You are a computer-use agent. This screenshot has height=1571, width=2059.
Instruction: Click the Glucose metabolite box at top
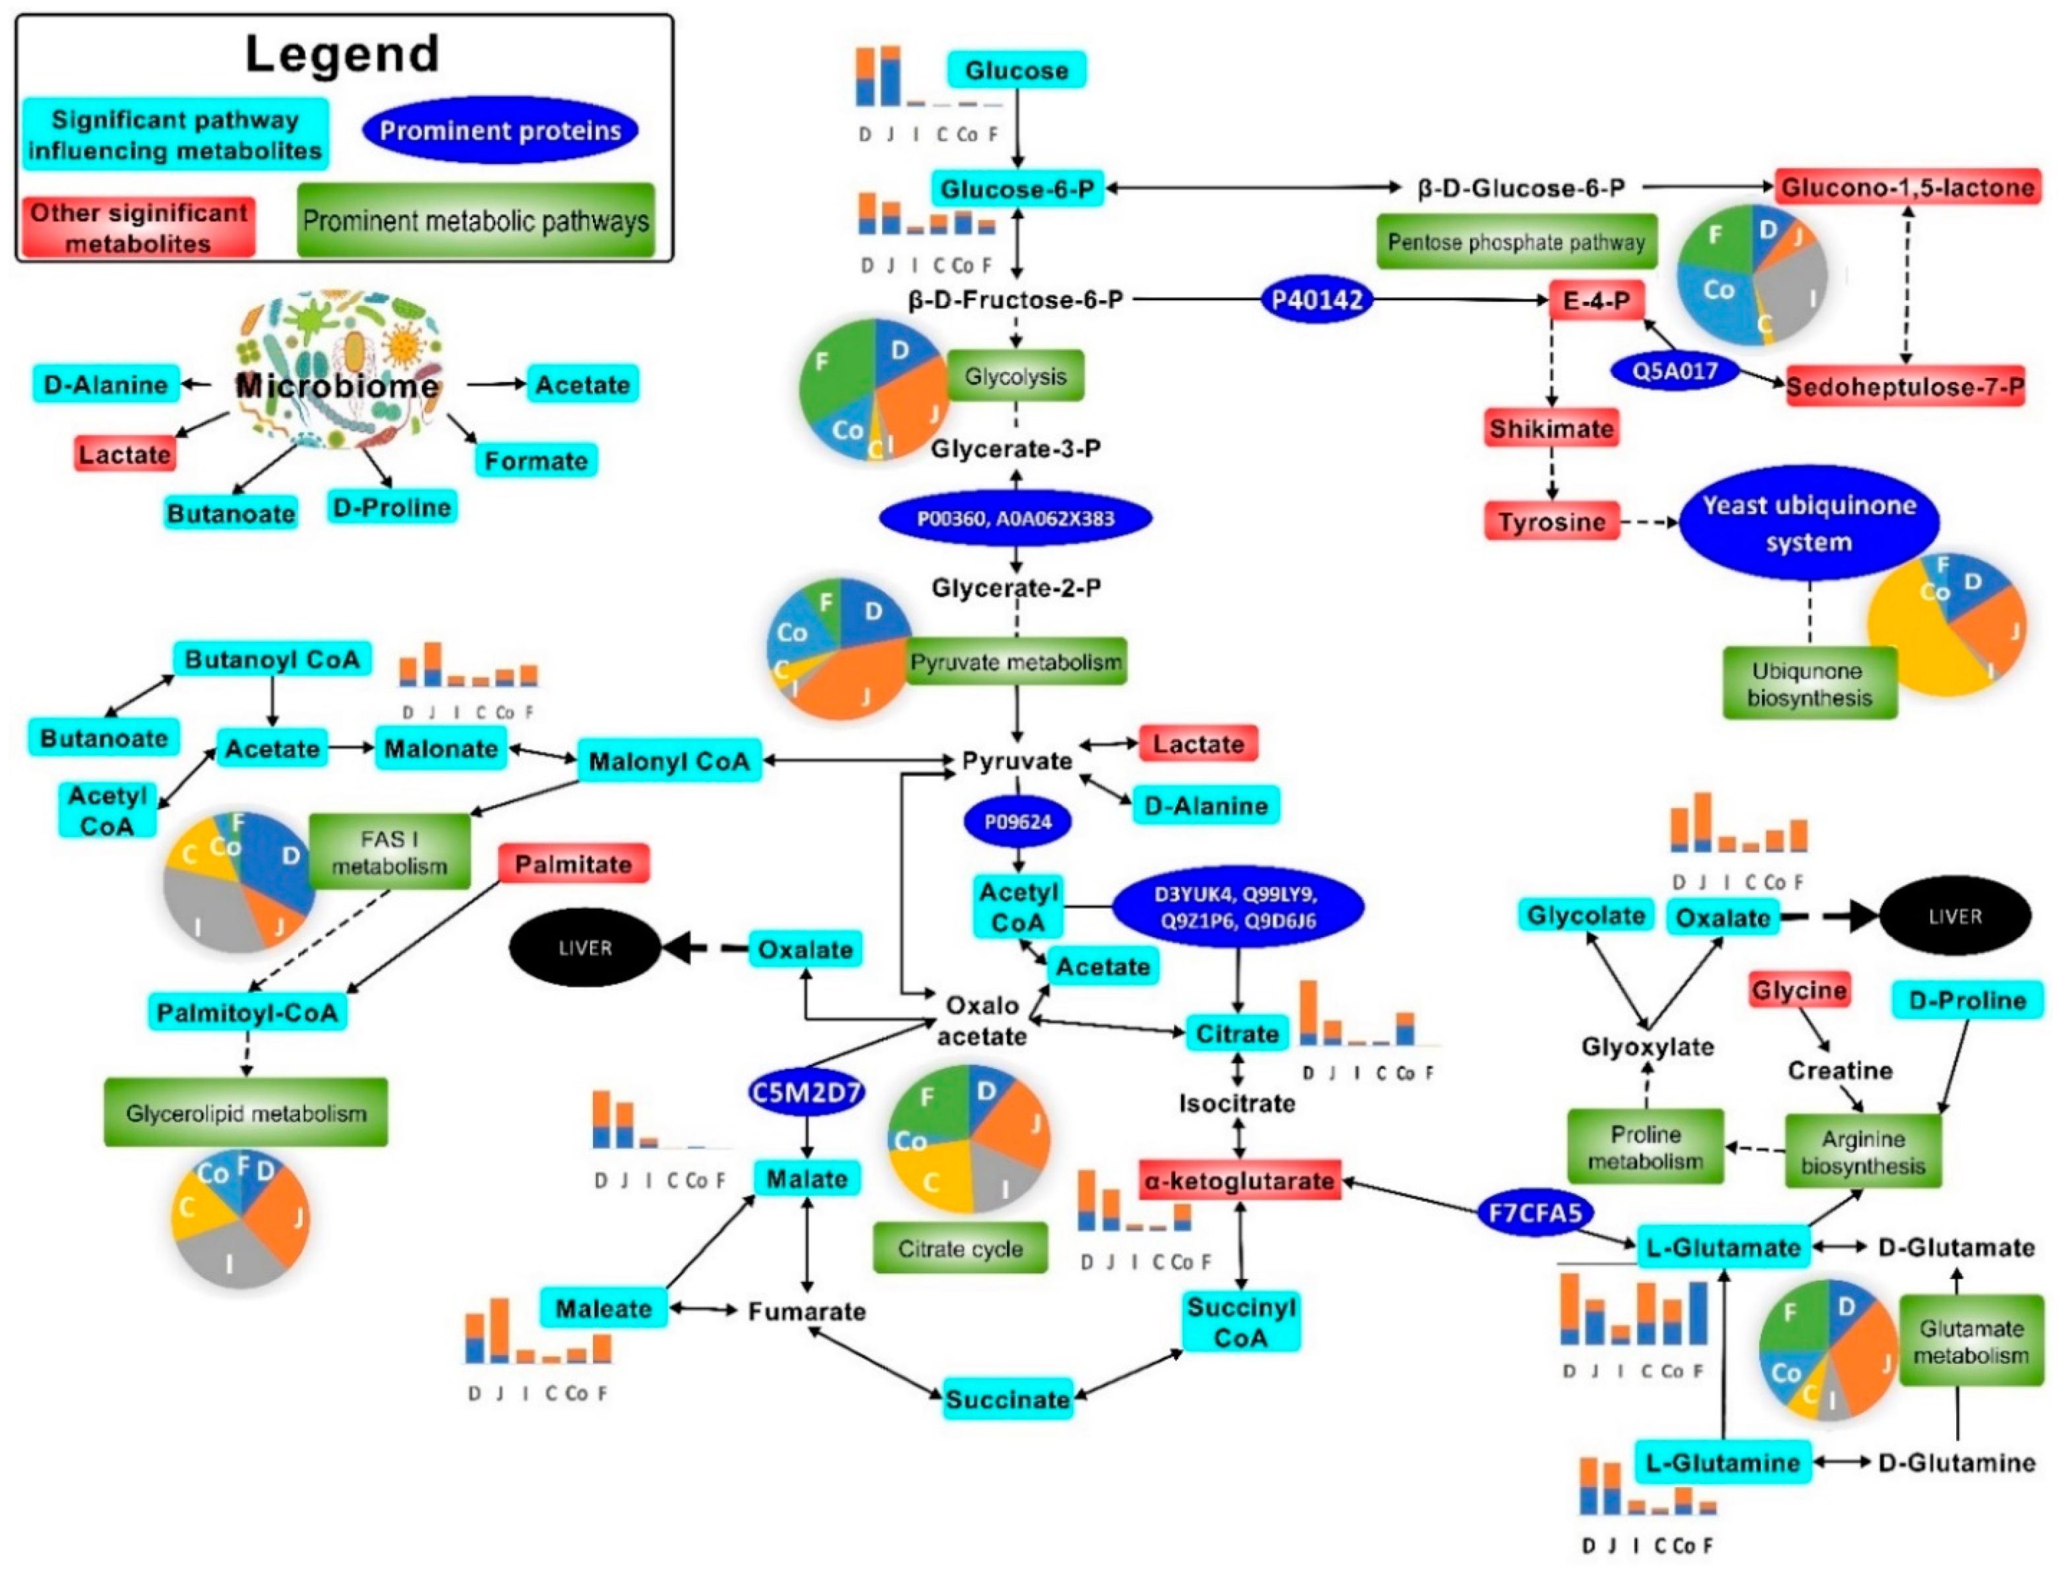click(x=1016, y=70)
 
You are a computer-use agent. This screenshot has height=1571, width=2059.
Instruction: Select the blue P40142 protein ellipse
click(x=1318, y=300)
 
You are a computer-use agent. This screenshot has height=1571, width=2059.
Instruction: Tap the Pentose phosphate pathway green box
click(x=1516, y=242)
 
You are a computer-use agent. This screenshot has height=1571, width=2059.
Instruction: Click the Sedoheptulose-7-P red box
click(x=1905, y=386)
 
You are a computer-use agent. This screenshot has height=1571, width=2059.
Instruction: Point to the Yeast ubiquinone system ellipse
click(x=1808, y=524)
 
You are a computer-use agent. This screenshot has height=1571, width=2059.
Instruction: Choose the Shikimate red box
click(x=1551, y=428)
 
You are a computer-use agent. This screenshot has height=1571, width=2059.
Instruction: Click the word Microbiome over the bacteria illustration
click(x=336, y=385)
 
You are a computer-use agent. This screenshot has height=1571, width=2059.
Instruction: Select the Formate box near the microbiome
click(x=536, y=460)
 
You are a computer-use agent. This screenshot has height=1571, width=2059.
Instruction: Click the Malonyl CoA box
click(x=669, y=761)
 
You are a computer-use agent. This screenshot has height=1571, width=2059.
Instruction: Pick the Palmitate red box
click(x=573, y=864)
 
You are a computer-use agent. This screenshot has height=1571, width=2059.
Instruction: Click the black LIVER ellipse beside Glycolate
click(x=1954, y=917)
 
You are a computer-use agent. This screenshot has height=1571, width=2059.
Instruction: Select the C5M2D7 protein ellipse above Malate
click(x=806, y=1092)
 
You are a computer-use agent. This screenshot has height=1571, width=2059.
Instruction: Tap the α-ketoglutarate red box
click(x=1240, y=1180)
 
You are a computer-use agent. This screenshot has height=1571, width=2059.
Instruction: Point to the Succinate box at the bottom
click(x=1007, y=1399)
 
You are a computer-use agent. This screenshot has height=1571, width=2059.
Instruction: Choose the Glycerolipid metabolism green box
click(x=246, y=1113)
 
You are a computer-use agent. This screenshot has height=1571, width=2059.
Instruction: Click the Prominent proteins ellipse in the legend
click(x=501, y=131)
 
